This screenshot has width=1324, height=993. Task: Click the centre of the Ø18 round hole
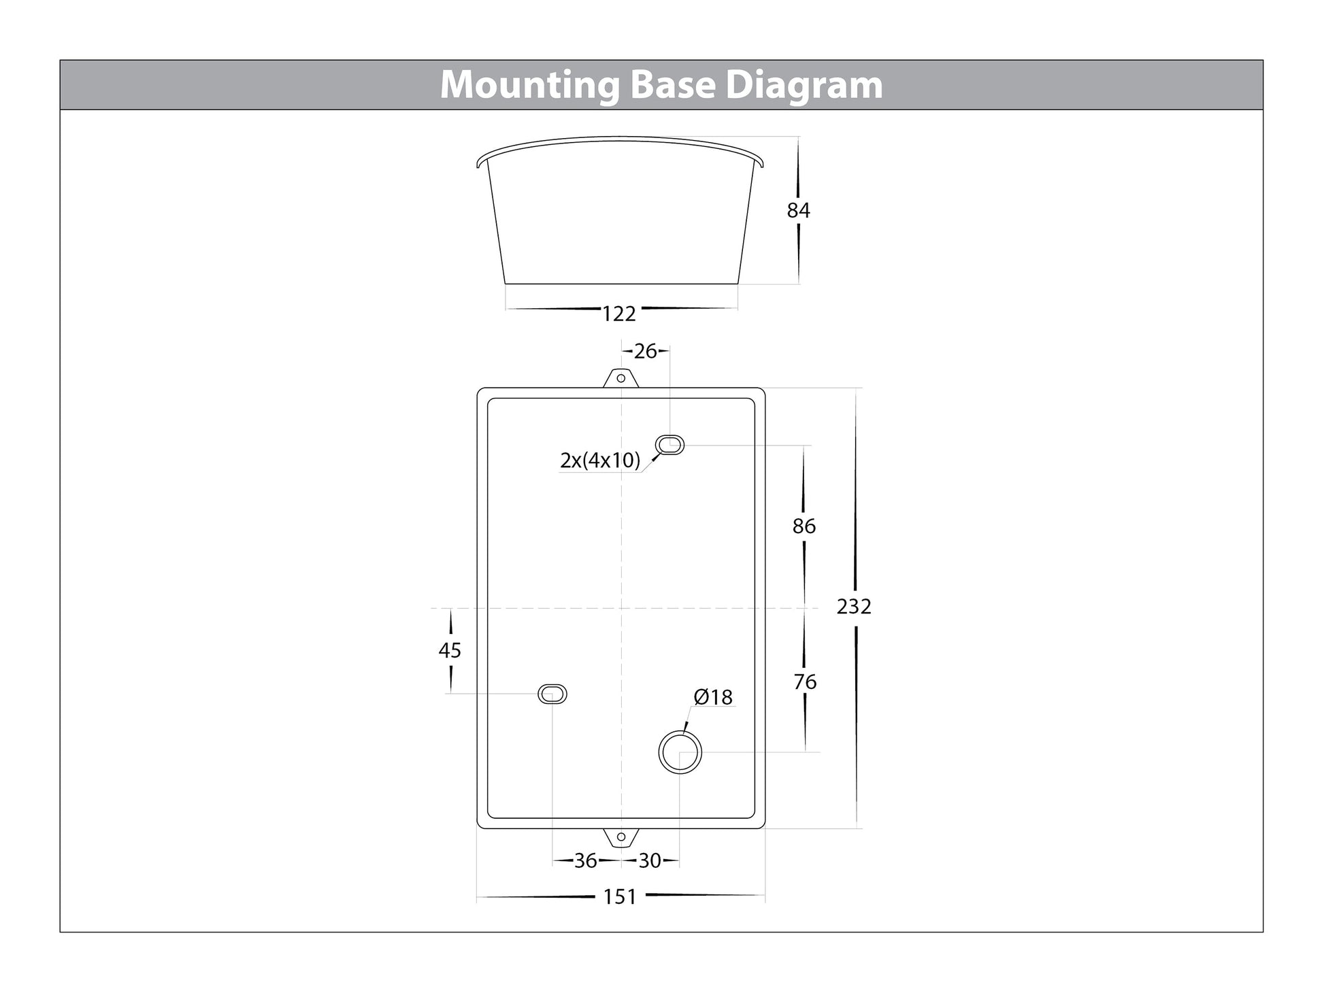pyautogui.click(x=680, y=752)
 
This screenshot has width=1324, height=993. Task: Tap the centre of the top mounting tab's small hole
pyautogui.click(x=620, y=378)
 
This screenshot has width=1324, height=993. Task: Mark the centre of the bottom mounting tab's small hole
pyautogui.click(x=620, y=837)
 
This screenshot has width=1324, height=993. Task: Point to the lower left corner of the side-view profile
pyautogui.click(x=505, y=283)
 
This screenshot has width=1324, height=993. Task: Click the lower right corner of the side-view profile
pyautogui.click(x=738, y=283)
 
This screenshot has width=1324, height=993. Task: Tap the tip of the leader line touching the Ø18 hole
pyautogui.click(x=684, y=731)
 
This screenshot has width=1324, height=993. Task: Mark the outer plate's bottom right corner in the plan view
pyautogui.click(x=765, y=828)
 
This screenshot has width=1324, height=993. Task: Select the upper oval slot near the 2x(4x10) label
pyautogui.click(x=669, y=445)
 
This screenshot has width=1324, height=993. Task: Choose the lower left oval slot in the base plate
pyautogui.click(x=552, y=694)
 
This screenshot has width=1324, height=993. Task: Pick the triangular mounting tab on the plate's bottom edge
pyautogui.click(x=620, y=838)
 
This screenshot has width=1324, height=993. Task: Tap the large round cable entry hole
pyautogui.click(x=680, y=752)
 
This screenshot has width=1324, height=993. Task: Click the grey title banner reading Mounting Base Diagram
pyautogui.click(x=661, y=85)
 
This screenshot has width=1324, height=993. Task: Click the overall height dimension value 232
pyautogui.click(x=854, y=606)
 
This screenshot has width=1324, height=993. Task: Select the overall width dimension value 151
pyautogui.click(x=620, y=897)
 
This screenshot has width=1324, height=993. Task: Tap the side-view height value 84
pyautogui.click(x=798, y=211)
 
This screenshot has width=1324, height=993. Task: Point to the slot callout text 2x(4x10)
pyautogui.click(x=600, y=460)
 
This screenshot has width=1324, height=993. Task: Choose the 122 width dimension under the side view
pyautogui.click(x=619, y=314)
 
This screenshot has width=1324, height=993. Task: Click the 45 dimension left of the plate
pyautogui.click(x=450, y=651)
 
